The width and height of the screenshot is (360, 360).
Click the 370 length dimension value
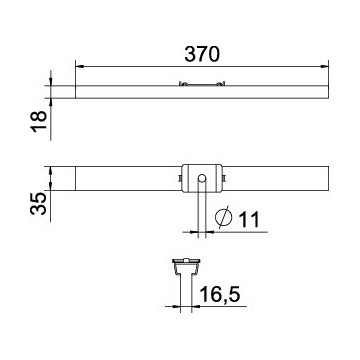[202, 54]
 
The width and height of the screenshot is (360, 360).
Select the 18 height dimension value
[39, 122]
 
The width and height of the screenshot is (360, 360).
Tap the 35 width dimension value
[38, 203]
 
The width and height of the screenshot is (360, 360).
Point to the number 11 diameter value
[249, 220]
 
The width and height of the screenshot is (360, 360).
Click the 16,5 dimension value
[219, 295]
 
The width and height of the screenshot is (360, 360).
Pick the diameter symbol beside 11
[223, 218]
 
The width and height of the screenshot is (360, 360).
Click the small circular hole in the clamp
[202, 179]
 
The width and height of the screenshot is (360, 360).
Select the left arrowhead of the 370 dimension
[79, 66]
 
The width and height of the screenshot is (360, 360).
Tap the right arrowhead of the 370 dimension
[325, 66]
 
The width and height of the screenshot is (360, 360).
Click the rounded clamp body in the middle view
[202, 178]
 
